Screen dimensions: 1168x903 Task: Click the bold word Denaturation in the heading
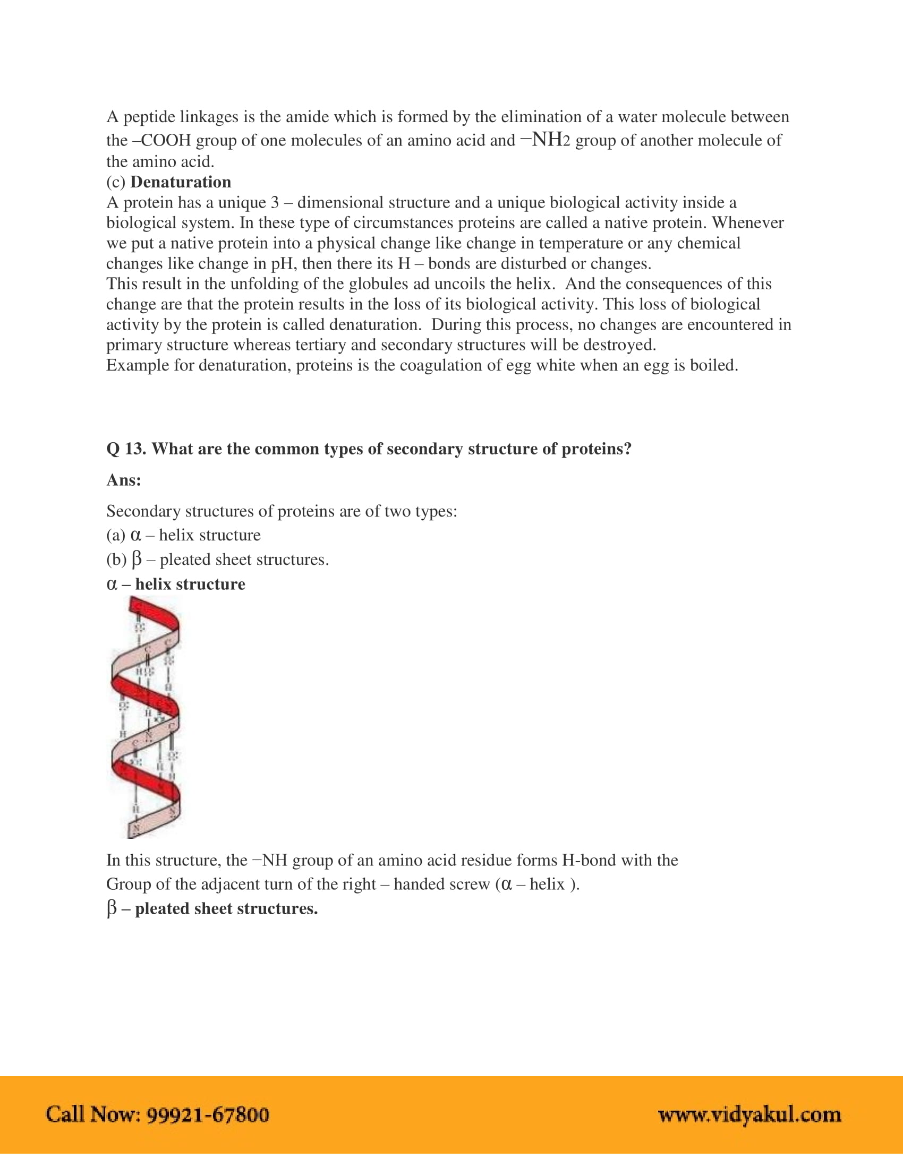(180, 182)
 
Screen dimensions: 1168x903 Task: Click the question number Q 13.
(126, 448)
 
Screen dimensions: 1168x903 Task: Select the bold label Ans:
(124, 480)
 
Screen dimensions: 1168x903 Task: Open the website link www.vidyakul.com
(749, 1114)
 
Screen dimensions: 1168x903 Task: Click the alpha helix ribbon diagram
(146, 716)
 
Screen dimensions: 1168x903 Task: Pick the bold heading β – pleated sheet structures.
(212, 908)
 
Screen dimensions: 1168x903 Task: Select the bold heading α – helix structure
(176, 583)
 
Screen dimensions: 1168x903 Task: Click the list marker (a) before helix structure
(116, 535)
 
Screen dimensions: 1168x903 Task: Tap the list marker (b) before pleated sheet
(116, 560)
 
